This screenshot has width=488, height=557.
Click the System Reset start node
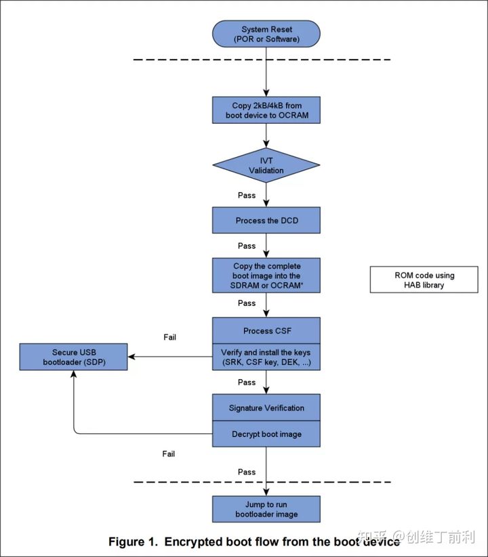tap(266, 34)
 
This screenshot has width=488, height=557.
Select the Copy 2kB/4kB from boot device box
tap(266, 110)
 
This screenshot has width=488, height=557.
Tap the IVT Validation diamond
tap(266, 165)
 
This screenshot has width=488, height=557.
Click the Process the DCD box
tap(266, 220)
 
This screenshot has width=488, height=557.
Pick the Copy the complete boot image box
tap(266, 275)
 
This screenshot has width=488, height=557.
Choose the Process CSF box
tap(266, 331)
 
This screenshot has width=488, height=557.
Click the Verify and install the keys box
tap(266, 357)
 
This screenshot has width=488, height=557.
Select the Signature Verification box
tap(266, 407)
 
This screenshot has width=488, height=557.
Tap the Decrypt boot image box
tap(266, 434)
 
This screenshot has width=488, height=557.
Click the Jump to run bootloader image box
tap(266, 509)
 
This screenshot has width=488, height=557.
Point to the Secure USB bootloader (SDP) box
tap(74, 357)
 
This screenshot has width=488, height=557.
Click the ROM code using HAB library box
tap(424, 280)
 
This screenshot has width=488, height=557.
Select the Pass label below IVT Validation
tap(247, 195)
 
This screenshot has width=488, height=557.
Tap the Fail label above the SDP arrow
tap(169, 337)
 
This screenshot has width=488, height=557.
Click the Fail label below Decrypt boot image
tap(169, 453)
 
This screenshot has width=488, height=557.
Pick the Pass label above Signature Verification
tap(247, 382)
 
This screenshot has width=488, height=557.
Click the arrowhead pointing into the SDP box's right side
tap(131, 357)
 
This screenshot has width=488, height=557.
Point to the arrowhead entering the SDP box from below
tap(74, 374)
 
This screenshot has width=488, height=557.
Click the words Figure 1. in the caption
tap(133, 541)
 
